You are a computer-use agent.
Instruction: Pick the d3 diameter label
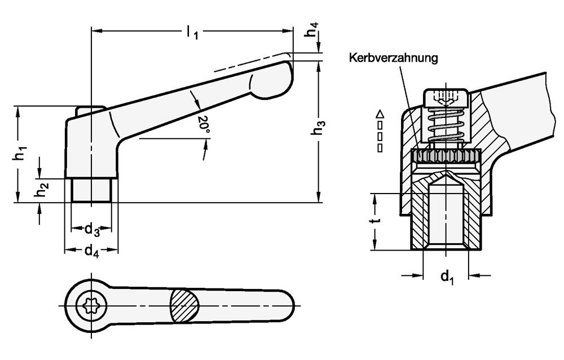[92, 230]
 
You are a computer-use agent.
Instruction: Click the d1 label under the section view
[447, 276]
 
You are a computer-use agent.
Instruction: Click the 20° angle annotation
[204, 124]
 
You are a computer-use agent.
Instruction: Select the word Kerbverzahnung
[394, 58]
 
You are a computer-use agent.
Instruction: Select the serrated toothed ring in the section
[446, 156]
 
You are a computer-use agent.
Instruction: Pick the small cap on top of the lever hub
[90, 109]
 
